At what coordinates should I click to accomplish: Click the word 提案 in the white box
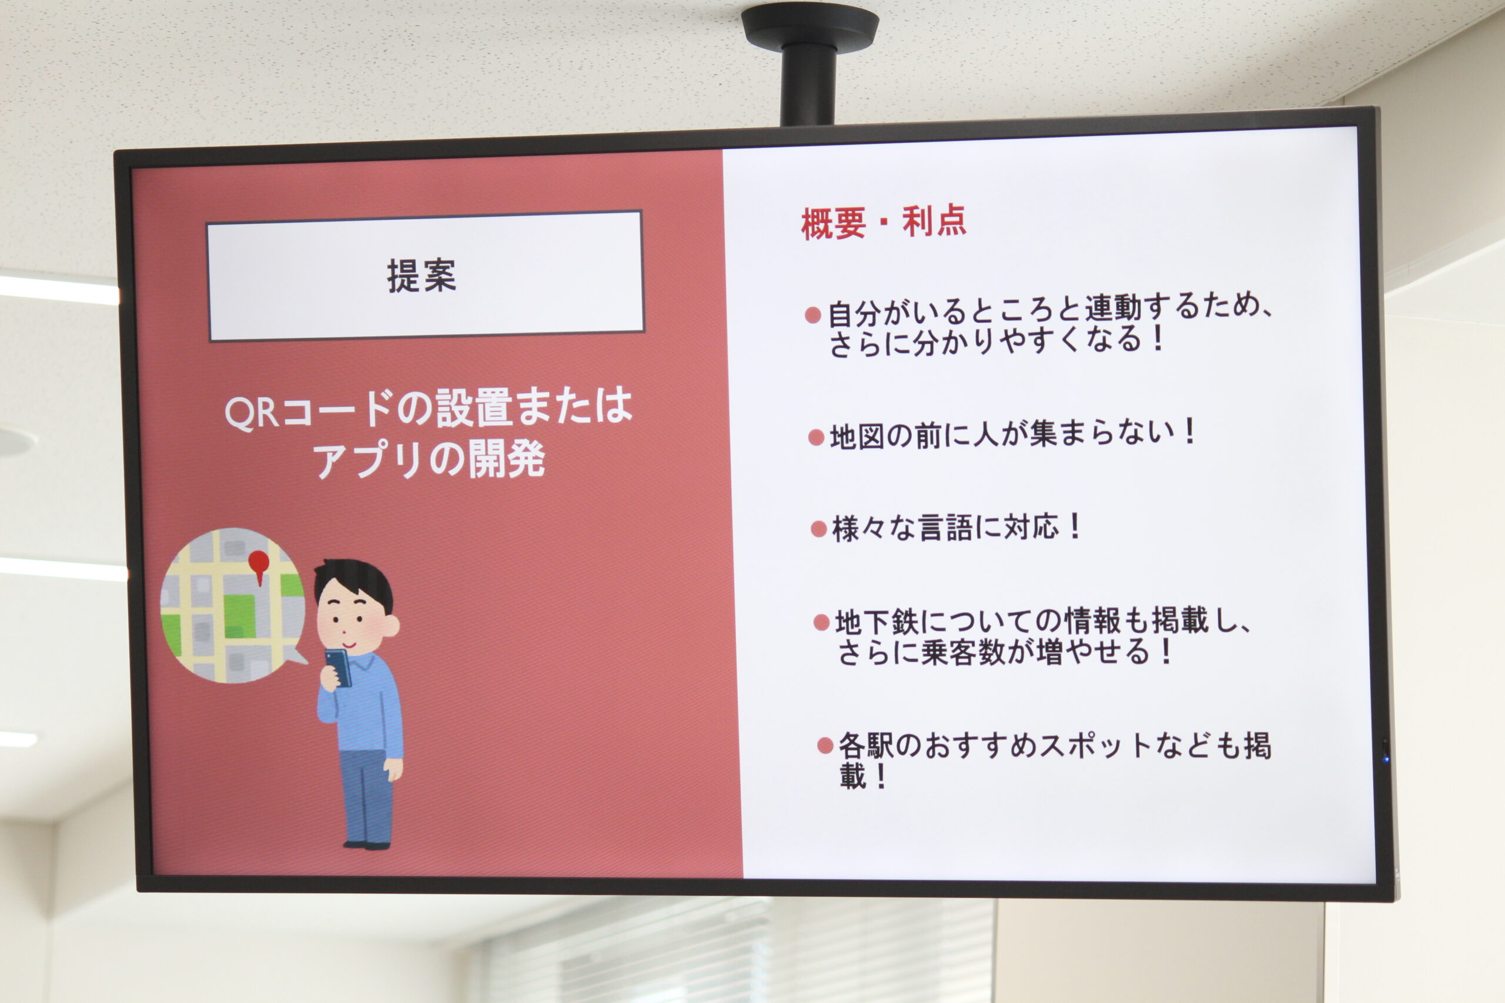coord(422,276)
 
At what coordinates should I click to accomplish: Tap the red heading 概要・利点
coord(883,222)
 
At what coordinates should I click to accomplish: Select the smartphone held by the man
coord(339,667)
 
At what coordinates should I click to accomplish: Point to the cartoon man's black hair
coord(353,579)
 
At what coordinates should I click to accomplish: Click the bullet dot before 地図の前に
coord(816,438)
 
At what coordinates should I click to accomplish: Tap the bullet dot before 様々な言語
coord(818,529)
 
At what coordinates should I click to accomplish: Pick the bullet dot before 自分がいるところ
coord(812,315)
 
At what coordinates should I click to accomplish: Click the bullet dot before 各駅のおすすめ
coord(825,745)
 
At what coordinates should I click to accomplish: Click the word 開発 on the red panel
coord(507,459)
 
